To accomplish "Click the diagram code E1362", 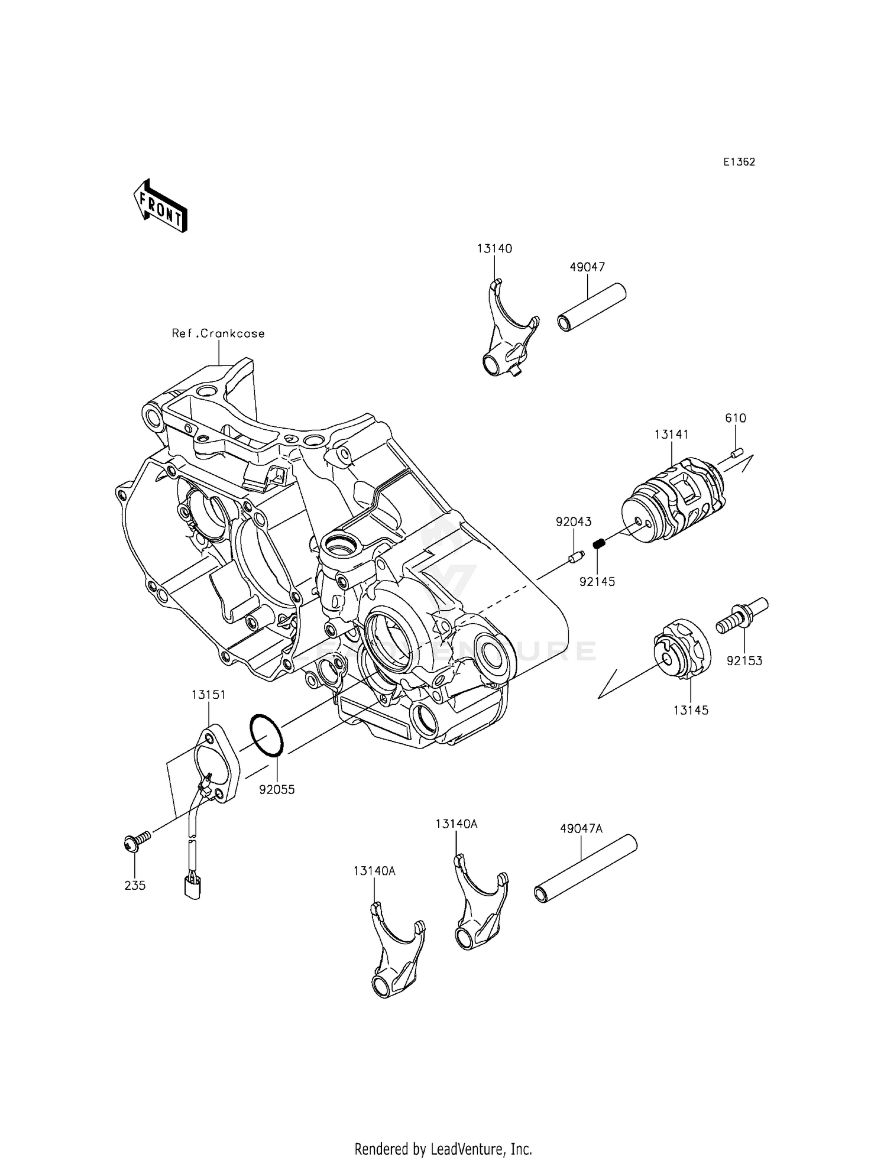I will point(739,162).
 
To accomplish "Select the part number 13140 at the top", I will point(494,249).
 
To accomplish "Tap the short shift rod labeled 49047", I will point(591,308).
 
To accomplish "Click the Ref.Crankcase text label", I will point(218,333).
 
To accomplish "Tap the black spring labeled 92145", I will point(598,544).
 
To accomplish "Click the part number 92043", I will point(573,521).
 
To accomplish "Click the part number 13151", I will point(208,694).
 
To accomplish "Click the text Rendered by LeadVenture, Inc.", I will point(443,1149).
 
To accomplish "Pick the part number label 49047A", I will point(581,828).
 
